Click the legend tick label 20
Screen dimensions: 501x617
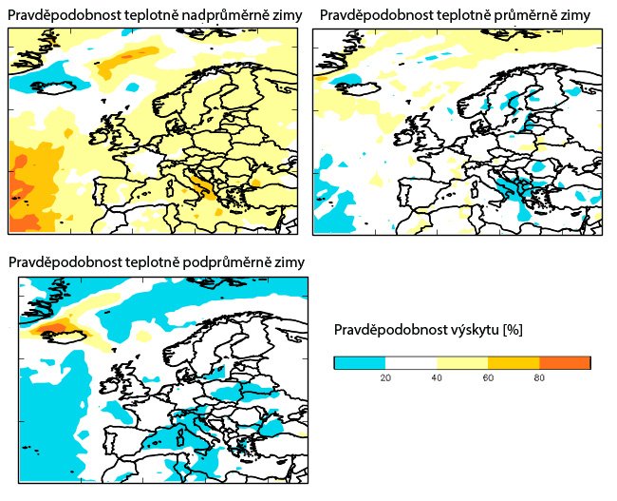click(x=385, y=378)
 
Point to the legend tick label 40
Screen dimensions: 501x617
click(x=437, y=378)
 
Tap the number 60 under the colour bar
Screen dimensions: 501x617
click(x=488, y=378)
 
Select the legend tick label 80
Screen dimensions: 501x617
click(x=539, y=378)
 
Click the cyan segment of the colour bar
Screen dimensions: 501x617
click(x=360, y=362)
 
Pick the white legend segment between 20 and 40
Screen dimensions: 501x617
click(x=411, y=362)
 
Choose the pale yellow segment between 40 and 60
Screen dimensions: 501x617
click(x=462, y=362)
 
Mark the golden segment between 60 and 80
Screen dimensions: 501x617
click(x=514, y=362)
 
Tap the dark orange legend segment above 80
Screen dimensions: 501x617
click(x=565, y=362)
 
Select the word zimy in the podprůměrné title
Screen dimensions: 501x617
click(x=289, y=260)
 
